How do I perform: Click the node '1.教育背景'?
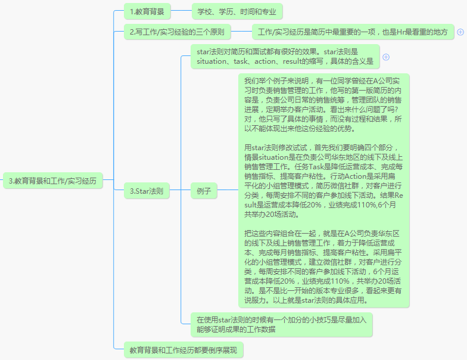click(147, 11)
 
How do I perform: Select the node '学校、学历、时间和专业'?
click(237, 11)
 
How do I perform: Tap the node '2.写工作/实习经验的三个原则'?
click(178, 32)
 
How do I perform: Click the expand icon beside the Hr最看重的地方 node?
click(460, 32)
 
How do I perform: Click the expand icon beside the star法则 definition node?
click(386, 57)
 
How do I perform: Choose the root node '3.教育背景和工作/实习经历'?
click(52, 181)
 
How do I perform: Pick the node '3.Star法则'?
click(147, 191)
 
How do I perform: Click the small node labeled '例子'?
click(204, 191)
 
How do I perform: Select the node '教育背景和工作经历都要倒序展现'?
click(183, 350)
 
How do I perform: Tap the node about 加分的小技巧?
click(281, 324)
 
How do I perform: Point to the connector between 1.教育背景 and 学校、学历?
click(181, 11)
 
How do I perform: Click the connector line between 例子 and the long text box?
click(228, 190)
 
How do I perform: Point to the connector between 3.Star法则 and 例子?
click(180, 190)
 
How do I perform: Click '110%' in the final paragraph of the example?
click(340, 281)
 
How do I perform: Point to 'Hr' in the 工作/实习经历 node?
click(400, 32)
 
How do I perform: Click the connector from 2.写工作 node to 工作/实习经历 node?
click(241, 31)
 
